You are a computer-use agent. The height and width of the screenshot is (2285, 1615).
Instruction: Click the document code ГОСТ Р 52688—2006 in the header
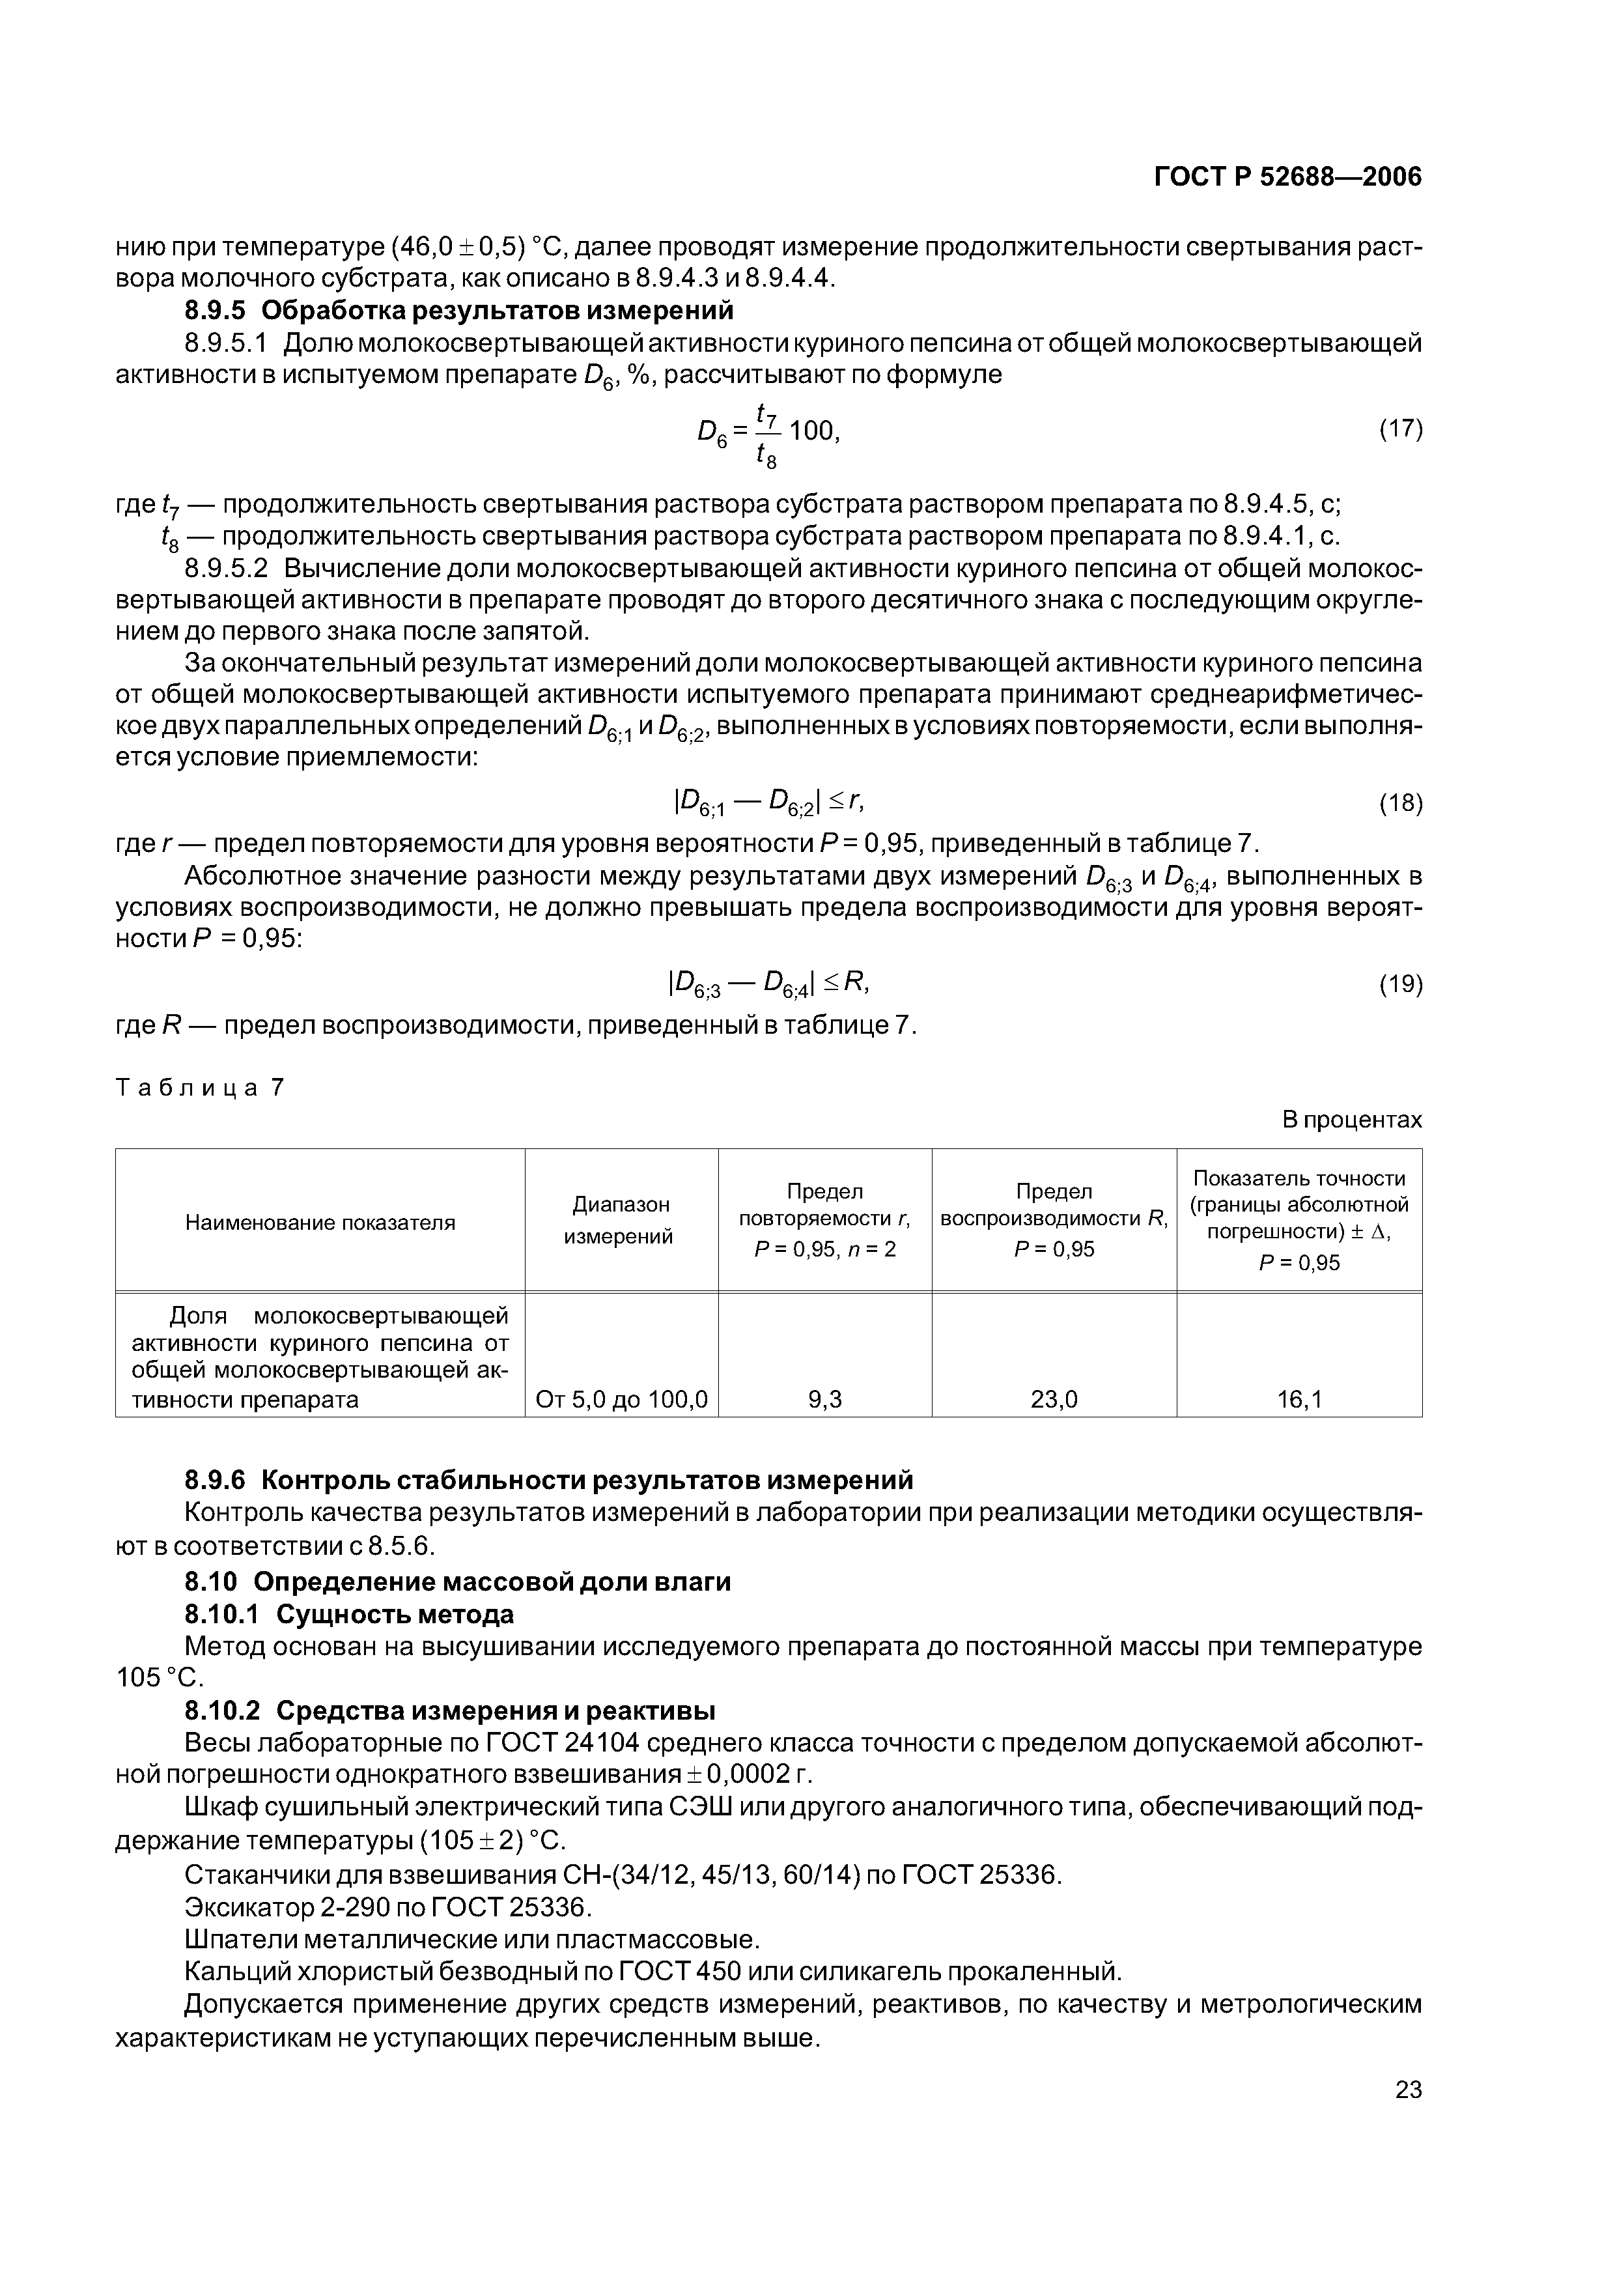coord(1287,177)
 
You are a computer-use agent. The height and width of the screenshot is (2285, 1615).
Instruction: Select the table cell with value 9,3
coord(825,1399)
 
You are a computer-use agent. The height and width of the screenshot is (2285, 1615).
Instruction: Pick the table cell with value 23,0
coord(1054,1399)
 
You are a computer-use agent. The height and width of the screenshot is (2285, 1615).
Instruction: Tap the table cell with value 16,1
coord(1300,1399)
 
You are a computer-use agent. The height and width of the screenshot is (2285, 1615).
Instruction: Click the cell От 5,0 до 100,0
coord(621,1399)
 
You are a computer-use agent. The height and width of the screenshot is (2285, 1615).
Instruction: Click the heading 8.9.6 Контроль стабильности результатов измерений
coord(548,1480)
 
